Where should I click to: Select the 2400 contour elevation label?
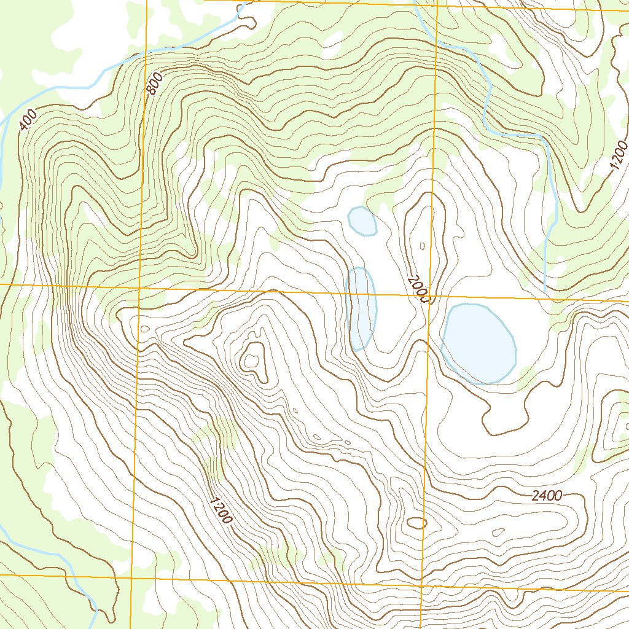point(547,496)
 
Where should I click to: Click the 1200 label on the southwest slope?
point(221,510)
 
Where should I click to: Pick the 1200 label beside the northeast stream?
point(620,156)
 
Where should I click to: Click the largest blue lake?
point(478,343)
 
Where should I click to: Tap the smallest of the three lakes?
point(362,221)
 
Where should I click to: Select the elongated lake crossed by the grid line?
point(361,308)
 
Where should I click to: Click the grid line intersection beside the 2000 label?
point(430,295)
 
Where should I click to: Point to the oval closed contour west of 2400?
point(416,523)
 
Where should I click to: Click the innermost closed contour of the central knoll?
point(252,359)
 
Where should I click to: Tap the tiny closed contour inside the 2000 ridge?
point(422,246)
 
